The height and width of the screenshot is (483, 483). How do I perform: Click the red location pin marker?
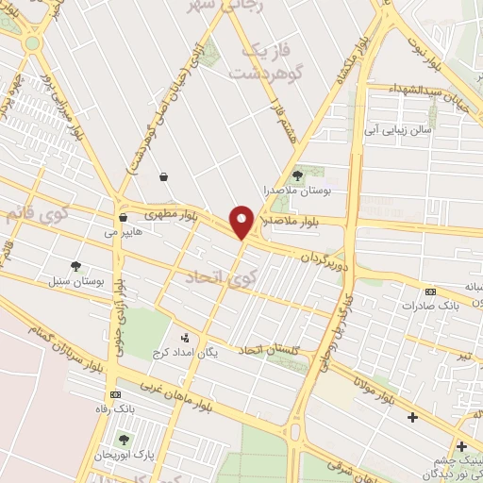(242, 222)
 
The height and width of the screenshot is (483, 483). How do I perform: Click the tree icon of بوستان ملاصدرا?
(298, 175)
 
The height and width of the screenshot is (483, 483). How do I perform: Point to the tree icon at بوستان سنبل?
(75, 267)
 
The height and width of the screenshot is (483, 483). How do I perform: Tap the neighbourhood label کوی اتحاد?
(215, 277)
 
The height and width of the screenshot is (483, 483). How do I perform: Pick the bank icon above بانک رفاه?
(115, 393)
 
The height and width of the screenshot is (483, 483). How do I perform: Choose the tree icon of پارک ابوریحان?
(124, 439)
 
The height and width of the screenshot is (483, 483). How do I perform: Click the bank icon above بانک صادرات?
(431, 291)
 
